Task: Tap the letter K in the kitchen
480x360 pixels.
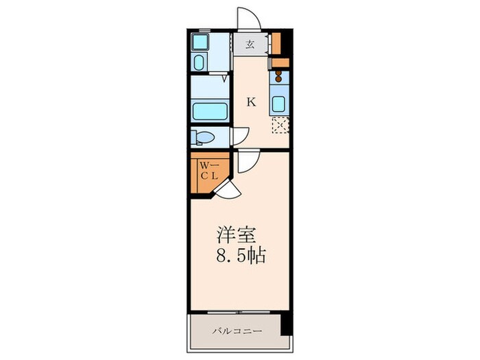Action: (252, 102)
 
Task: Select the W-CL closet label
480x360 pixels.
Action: (208, 170)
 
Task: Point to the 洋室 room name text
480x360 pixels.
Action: (237, 235)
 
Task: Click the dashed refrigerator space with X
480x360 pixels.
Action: (280, 125)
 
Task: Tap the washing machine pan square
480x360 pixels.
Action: (200, 43)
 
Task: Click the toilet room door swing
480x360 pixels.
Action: (239, 136)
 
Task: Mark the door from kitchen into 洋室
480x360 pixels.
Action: (247, 160)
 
